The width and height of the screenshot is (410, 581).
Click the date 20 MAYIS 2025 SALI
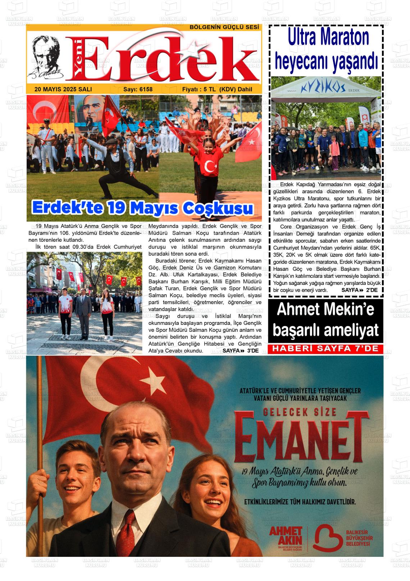click(63, 89)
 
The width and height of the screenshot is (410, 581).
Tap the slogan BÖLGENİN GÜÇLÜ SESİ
click(224, 27)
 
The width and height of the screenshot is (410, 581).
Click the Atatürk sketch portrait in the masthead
click(47, 58)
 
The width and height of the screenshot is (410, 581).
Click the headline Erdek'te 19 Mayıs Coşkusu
click(142, 208)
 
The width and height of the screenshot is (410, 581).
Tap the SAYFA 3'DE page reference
click(240, 350)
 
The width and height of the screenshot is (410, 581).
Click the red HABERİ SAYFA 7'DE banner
click(325, 349)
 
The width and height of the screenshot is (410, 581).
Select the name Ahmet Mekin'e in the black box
click(325, 310)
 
